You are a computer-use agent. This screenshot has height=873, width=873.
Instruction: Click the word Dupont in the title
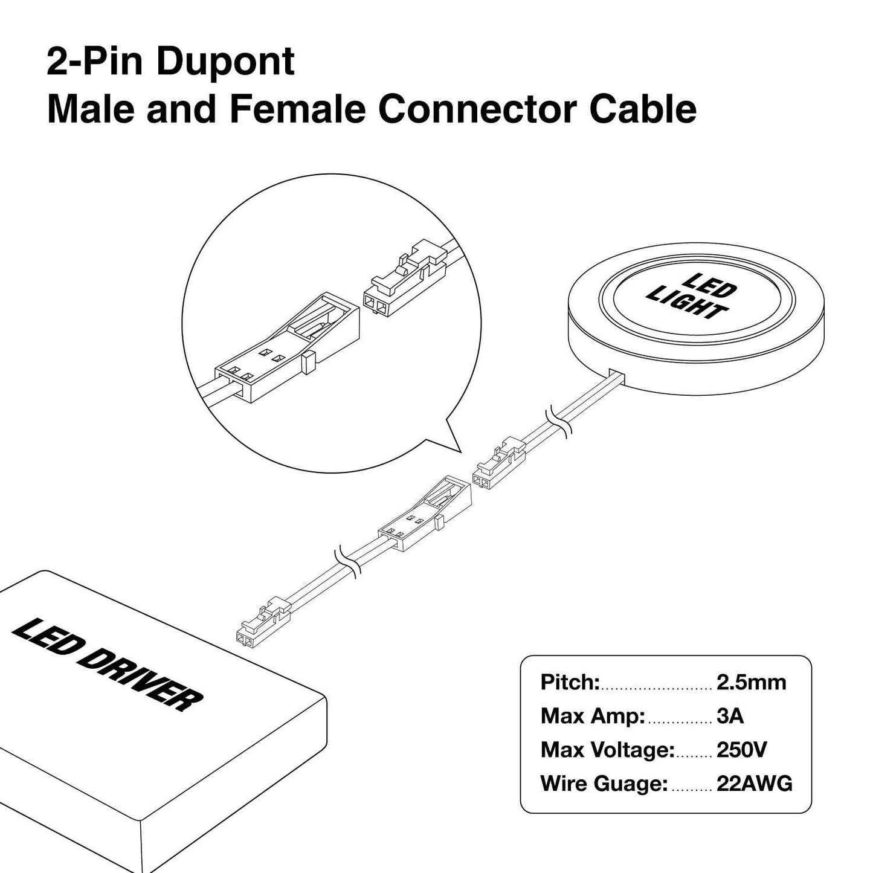[225, 62]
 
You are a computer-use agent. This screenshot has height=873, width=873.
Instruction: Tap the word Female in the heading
[297, 109]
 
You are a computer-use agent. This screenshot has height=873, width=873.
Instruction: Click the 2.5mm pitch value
[751, 683]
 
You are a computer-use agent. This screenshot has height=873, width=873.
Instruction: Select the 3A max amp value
[730, 717]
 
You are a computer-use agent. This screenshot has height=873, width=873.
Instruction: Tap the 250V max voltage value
[741, 750]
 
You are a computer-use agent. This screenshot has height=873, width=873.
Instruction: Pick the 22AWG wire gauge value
[754, 784]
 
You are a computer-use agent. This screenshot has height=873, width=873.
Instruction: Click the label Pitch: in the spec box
[570, 683]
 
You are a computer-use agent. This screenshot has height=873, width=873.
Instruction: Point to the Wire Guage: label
[604, 784]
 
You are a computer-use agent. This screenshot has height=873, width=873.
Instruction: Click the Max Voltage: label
[607, 750]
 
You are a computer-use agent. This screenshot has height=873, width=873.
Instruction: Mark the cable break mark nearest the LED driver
[347, 562]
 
